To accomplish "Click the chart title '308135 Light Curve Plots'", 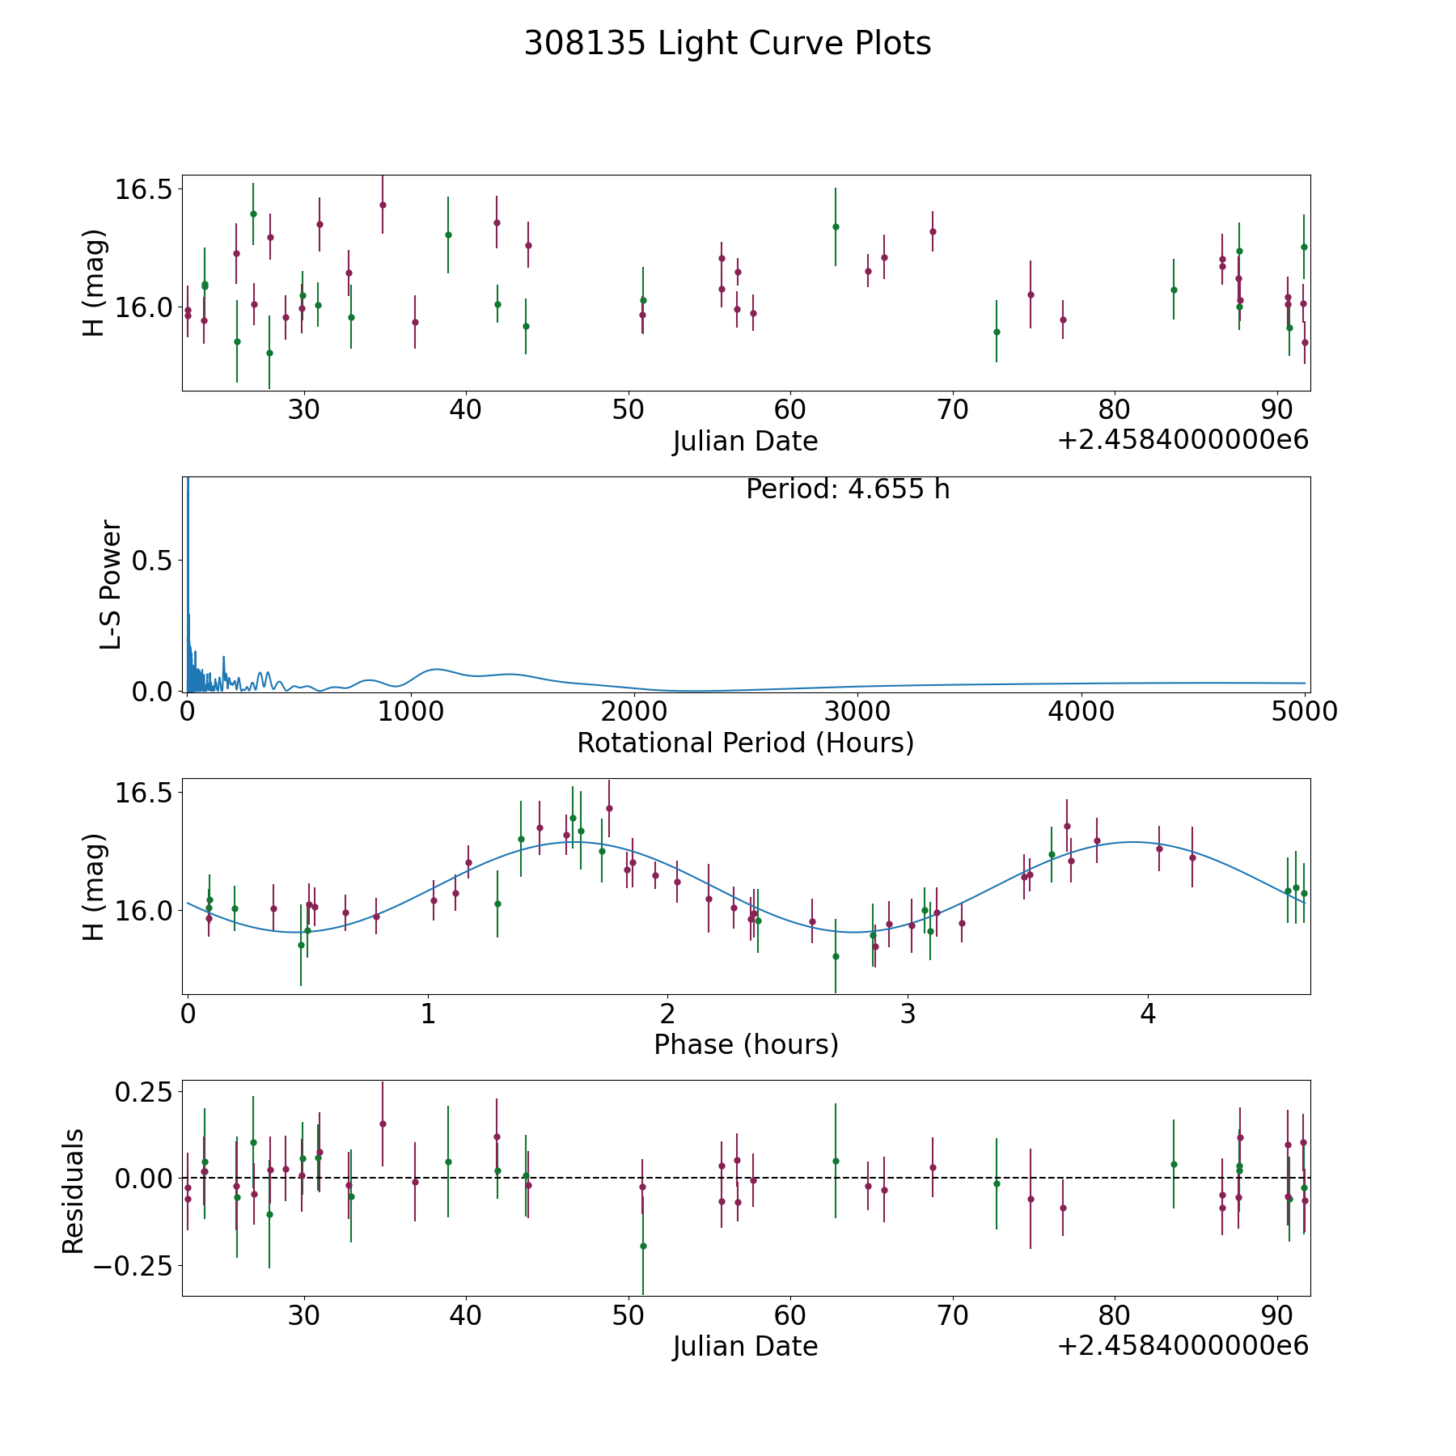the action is point(727,44).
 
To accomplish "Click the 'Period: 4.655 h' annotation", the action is point(848,489).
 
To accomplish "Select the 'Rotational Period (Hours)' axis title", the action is point(745,743).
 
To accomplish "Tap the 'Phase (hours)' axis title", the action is point(746,1045).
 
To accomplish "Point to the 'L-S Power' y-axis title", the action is point(112,585).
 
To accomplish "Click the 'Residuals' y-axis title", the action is point(74,1191).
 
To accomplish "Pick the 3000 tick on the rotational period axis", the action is point(857,711).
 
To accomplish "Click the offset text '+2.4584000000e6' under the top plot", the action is point(1183,440).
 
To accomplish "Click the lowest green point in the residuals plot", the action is point(643,1246).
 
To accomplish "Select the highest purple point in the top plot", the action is point(383,205).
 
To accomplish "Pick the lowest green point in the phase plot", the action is point(836,956).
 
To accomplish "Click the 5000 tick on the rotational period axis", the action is point(1304,711).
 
